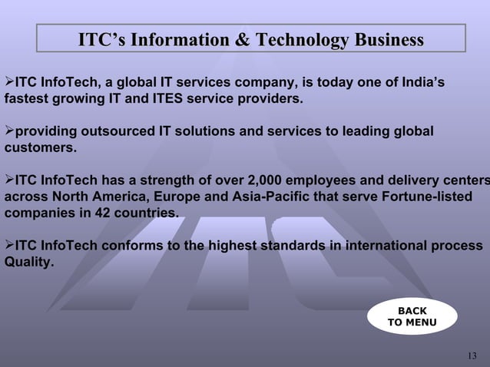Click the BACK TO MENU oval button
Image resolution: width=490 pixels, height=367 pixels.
click(x=412, y=316)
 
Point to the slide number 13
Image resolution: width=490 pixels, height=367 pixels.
click(x=472, y=355)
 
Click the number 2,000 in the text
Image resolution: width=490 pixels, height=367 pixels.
click(x=271, y=180)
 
